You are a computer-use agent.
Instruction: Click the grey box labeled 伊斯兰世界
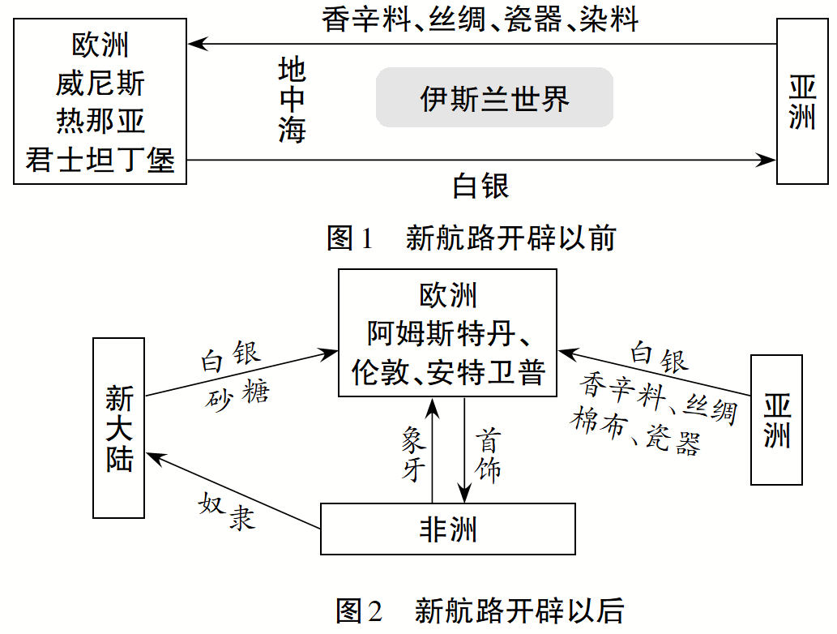[494, 98]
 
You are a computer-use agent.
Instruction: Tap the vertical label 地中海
[292, 101]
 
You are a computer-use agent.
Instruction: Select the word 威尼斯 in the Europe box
[100, 84]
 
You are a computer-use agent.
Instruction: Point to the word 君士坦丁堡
[100, 160]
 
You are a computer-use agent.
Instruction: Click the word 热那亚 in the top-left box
[100, 122]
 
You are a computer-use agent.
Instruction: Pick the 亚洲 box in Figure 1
[802, 101]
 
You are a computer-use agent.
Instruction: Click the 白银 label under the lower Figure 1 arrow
[480, 186]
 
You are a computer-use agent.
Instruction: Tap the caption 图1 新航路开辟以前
[471, 238]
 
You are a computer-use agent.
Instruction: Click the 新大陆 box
[119, 428]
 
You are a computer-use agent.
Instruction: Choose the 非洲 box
[447, 529]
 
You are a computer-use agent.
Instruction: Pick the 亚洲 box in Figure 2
[776, 420]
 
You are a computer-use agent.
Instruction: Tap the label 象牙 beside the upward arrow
[413, 454]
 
